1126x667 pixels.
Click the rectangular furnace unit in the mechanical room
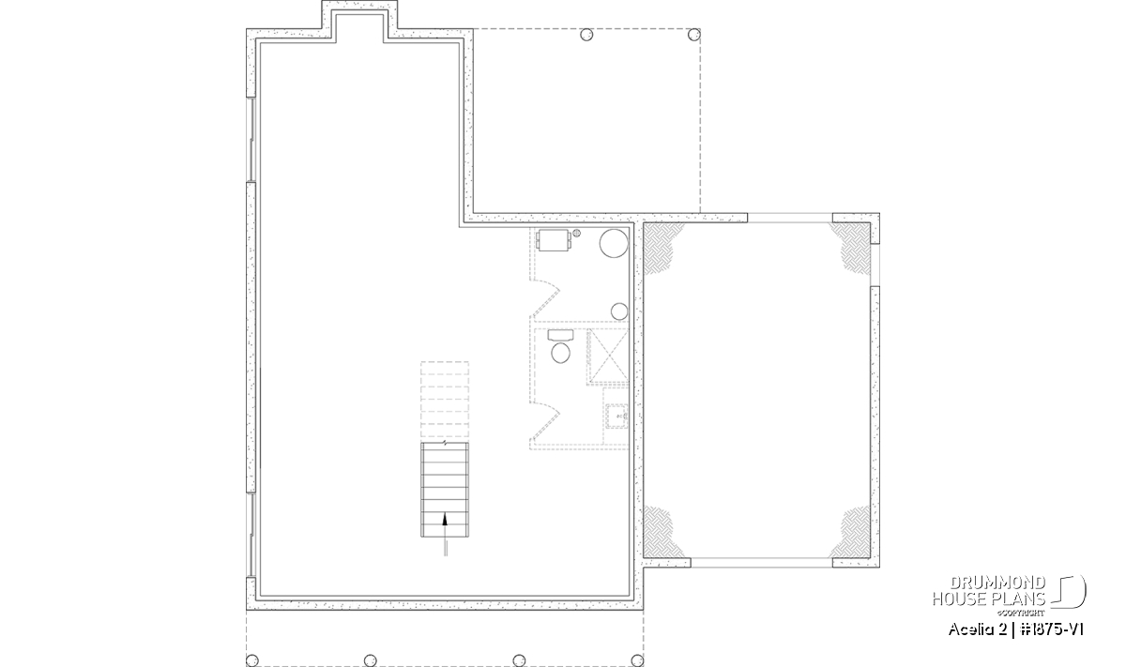coord(553,240)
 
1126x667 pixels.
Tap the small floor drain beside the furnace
coord(576,234)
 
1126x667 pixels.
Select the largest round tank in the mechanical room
coord(614,243)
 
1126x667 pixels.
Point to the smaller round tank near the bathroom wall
coord(619,311)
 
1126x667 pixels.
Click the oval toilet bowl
coord(560,353)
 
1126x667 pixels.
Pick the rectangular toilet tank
coord(560,335)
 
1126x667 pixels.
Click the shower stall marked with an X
coord(608,356)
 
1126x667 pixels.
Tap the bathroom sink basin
coord(616,417)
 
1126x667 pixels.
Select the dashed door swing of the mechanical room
coord(545,299)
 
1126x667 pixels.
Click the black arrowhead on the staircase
coord(445,519)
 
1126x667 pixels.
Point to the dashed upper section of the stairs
coord(445,400)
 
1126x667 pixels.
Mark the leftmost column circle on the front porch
coord(252,659)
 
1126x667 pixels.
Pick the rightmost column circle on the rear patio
coord(693,35)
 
